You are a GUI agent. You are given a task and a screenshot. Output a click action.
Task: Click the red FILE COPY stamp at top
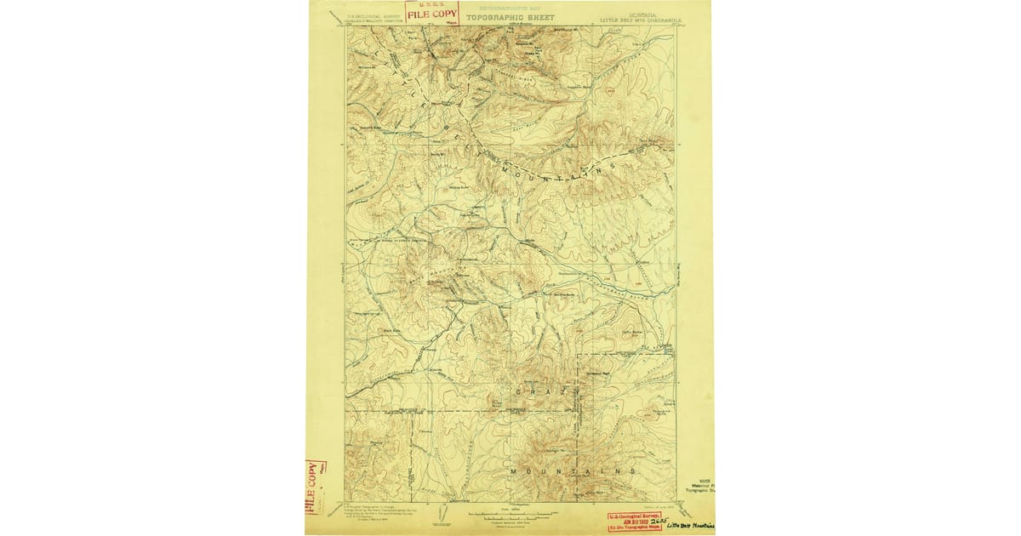[431, 12]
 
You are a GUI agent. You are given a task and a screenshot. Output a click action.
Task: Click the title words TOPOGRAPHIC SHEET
[510, 17]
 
